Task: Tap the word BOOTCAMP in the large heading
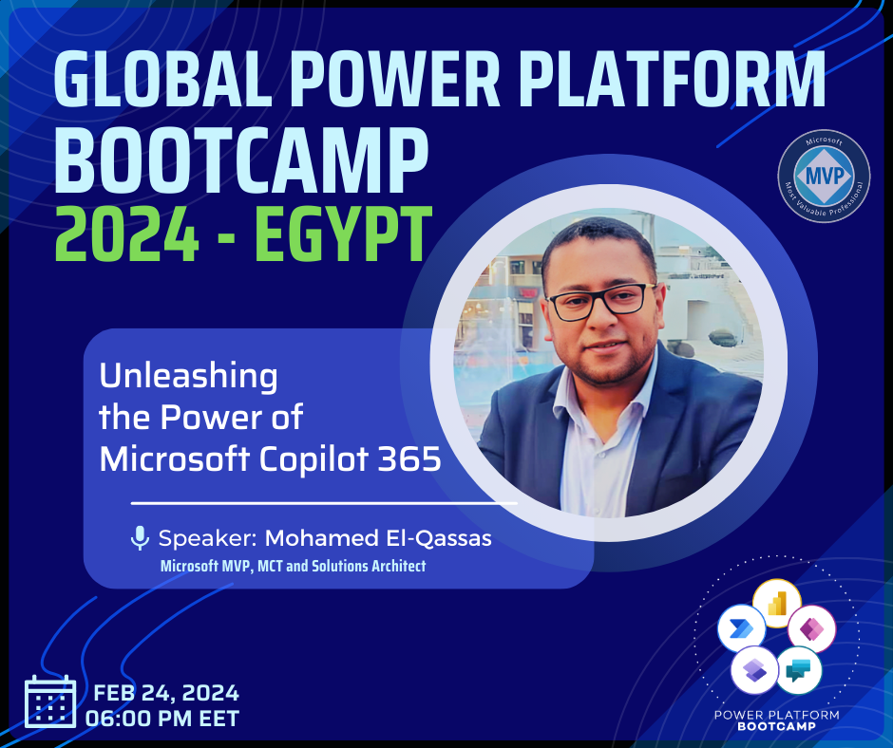[x=240, y=160]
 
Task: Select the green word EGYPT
[x=343, y=234]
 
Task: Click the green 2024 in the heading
[x=126, y=234]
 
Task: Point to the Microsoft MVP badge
[x=824, y=176]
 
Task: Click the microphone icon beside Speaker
[x=140, y=538]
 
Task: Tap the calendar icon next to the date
[x=50, y=701]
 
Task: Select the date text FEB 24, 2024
[x=165, y=693]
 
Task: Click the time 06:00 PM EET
[x=162, y=719]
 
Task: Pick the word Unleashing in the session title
[x=188, y=377]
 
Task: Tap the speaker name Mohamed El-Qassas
[x=378, y=538]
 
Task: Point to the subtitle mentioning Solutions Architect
[x=293, y=567]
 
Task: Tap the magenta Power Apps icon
[x=811, y=628]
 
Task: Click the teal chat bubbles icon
[x=798, y=670]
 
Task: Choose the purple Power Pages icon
[x=754, y=670]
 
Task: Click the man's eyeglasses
[x=601, y=301]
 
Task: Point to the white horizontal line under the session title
[x=324, y=503]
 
